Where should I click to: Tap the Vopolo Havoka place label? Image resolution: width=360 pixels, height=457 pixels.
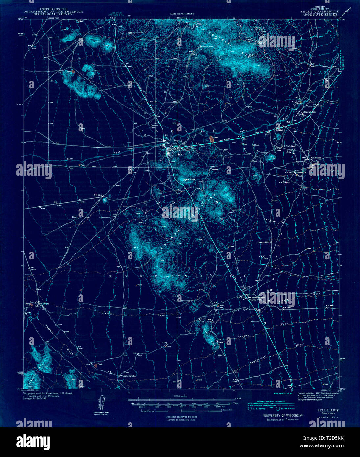coord(128,376)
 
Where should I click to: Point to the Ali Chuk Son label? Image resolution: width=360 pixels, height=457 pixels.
coord(288,146)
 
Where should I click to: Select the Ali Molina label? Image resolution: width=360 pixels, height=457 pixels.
coord(315,157)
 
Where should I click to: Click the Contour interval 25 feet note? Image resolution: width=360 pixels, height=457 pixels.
coord(180,417)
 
